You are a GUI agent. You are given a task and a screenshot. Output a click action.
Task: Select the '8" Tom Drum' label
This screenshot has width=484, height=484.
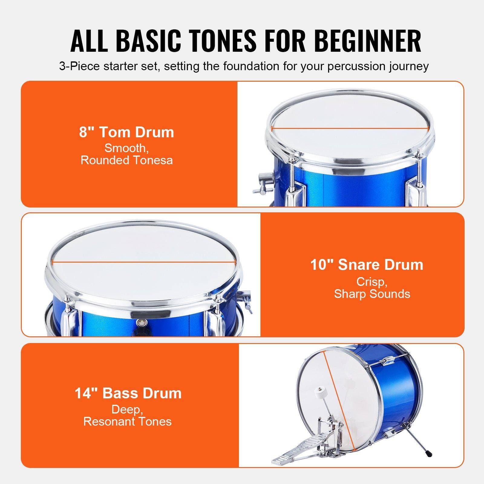click(x=127, y=132)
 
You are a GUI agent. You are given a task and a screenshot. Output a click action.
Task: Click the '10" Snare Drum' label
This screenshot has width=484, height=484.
click(x=367, y=265)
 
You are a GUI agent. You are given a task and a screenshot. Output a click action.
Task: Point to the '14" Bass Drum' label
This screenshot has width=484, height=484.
click(x=128, y=393)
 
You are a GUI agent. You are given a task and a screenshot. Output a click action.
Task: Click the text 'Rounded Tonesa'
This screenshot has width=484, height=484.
click(x=127, y=160)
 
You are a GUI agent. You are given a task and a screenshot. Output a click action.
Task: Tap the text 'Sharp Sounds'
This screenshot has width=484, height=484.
click(x=372, y=294)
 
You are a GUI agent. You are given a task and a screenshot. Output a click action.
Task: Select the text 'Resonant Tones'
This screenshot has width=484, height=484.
click(x=127, y=421)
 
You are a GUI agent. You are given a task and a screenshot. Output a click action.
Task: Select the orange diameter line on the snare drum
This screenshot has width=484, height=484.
click(x=143, y=262)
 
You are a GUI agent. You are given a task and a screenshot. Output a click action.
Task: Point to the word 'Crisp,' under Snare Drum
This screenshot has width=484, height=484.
click(x=372, y=282)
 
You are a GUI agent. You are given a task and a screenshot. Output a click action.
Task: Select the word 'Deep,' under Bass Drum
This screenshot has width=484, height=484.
click(x=127, y=410)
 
